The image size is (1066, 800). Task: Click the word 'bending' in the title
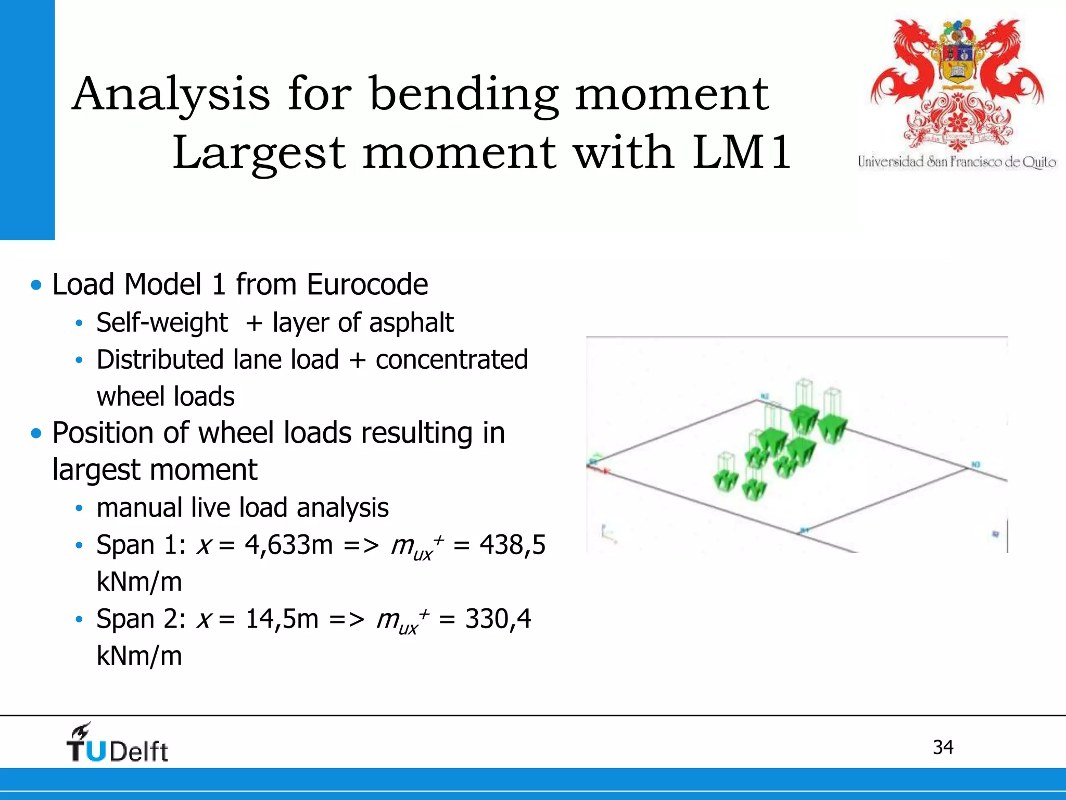coord(463,95)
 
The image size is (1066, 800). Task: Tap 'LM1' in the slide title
coord(741,153)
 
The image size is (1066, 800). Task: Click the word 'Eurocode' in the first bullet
coord(367,284)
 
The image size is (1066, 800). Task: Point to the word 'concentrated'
coord(452,359)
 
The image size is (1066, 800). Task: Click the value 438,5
coord(512,545)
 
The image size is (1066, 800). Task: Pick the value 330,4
coord(498,619)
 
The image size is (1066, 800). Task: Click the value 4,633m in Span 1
coord(288,545)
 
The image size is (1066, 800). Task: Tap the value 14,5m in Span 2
coord(281,619)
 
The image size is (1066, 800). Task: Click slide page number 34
coord(943,747)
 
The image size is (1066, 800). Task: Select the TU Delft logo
coord(117,744)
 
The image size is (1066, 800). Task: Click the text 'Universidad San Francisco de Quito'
coord(957,162)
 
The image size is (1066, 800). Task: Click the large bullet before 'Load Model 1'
coord(36,285)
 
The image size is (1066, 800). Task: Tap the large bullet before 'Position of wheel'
coord(36,433)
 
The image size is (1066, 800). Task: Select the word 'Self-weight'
coord(162,322)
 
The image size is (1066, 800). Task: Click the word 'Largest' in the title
coord(259,153)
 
